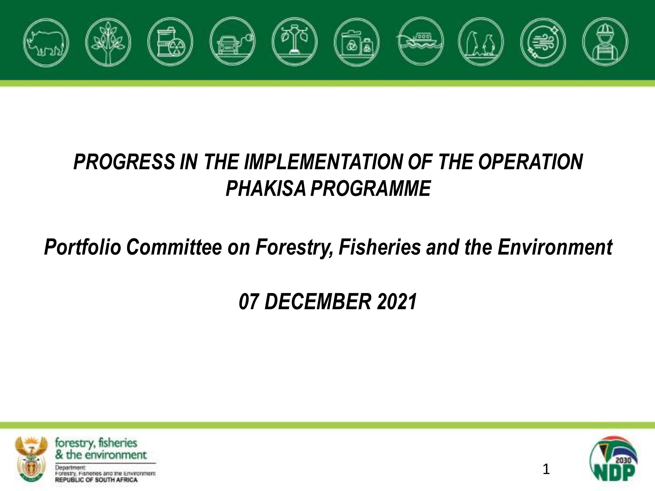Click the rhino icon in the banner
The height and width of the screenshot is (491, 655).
tap(46, 42)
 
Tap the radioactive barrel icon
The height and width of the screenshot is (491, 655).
tap(170, 41)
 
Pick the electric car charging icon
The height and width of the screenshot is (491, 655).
tap(233, 41)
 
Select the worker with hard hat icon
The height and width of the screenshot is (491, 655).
tap(605, 41)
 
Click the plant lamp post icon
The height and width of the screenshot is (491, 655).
tap(295, 41)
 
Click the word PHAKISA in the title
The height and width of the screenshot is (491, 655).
tap(265, 189)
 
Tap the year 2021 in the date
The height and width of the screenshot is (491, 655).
tap(397, 302)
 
